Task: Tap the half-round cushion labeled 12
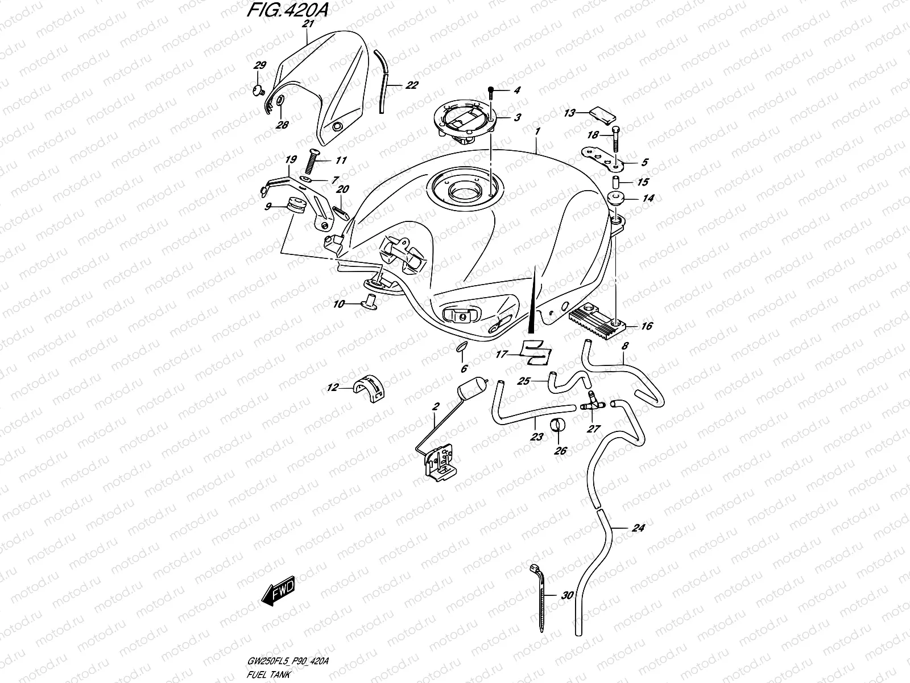point(367,389)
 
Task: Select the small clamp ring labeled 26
point(558,426)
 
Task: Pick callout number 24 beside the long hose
point(638,528)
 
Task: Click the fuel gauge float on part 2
point(473,390)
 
